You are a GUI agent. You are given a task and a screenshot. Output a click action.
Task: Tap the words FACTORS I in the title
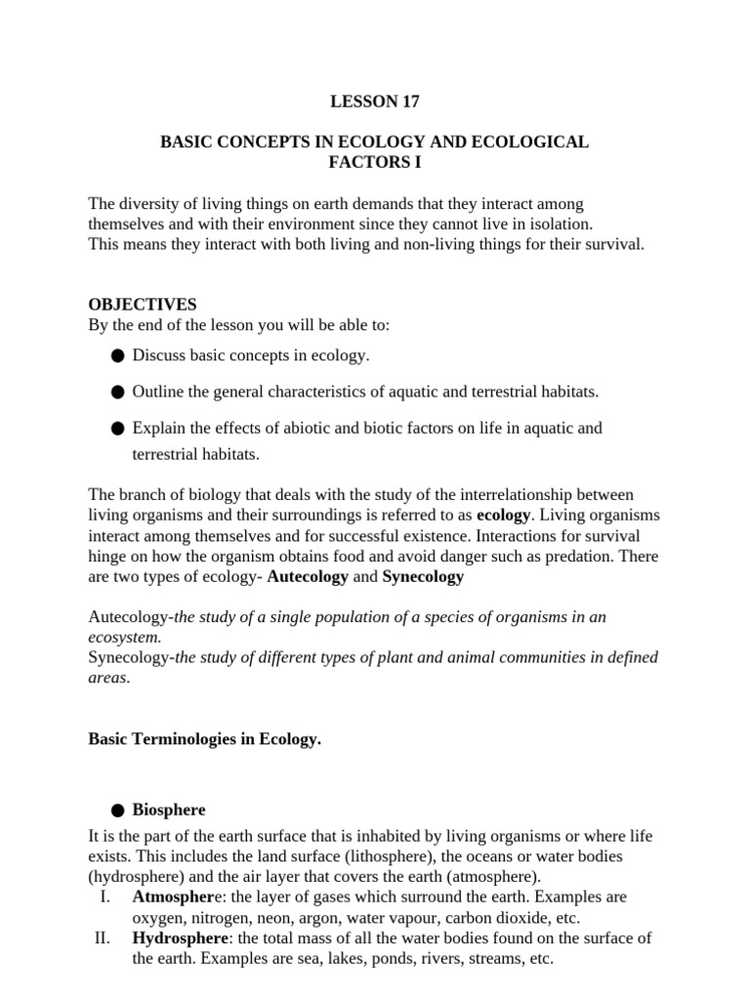tap(374, 162)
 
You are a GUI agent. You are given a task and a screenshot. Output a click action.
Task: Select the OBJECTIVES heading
tap(143, 305)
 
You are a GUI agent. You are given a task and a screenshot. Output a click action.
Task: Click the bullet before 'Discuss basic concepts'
tap(118, 356)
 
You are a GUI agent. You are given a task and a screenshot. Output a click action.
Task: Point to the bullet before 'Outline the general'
tap(118, 393)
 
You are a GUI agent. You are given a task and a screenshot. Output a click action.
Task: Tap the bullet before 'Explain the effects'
tap(118, 429)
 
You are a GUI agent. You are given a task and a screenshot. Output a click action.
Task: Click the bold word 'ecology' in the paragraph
tap(503, 514)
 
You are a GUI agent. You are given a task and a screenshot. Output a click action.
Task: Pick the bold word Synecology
tap(423, 576)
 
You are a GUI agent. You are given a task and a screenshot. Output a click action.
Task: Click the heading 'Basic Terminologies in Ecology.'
tap(204, 739)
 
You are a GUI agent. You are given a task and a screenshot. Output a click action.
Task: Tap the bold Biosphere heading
tap(169, 811)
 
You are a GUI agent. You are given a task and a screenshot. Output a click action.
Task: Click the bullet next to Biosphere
tap(118, 811)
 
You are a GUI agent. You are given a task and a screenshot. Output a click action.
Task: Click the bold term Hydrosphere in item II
tap(177, 938)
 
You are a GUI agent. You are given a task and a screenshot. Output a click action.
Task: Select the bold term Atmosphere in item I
tap(173, 896)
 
